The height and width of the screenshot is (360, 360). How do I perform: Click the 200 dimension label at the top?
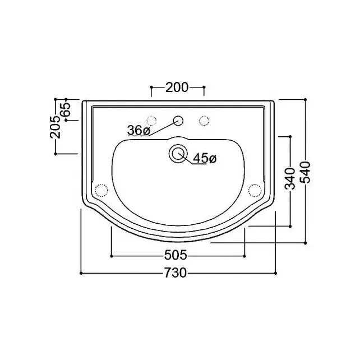pyautogui.click(x=177, y=87)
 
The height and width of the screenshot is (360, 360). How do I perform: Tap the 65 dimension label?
pyautogui.click(x=66, y=109)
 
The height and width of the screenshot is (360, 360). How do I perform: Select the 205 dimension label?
pyautogui.click(x=56, y=127)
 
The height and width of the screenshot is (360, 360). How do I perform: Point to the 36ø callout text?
pyautogui.click(x=139, y=131)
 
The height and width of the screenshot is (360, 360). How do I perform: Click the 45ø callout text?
pyautogui.click(x=205, y=158)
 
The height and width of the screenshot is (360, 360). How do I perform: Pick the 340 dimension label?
pyautogui.click(x=290, y=178)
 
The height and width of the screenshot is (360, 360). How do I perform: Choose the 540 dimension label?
pyautogui.click(x=305, y=172)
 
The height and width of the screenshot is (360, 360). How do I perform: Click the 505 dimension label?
pyautogui.click(x=176, y=255)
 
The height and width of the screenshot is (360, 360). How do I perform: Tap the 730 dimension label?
pyautogui.click(x=176, y=273)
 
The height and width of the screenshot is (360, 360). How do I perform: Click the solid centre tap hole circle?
pyautogui.click(x=178, y=121)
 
